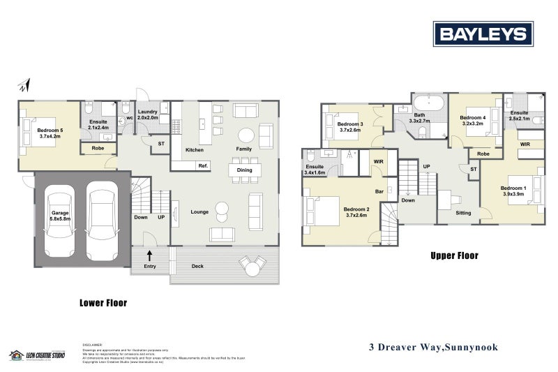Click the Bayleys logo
pyautogui.click(x=483, y=34)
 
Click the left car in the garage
pyautogui.click(x=59, y=216)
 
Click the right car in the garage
pyautogui.click(x=103, y=216)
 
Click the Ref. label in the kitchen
pyautogui.click(x=203, y=165)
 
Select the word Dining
pyautogui.click(x=244, y=170)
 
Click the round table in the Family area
pyautogui.click(x=246, y=135)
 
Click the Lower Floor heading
pyautogui.click(x=103, y=304)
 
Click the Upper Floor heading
pyautogui.click(x=453, y=256)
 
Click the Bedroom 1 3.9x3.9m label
pyautogui.click(x=515, y=191)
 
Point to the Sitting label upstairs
pyautogui.click(x=463, y=213)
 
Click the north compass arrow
pyautogui.click(x=25, y=86)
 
